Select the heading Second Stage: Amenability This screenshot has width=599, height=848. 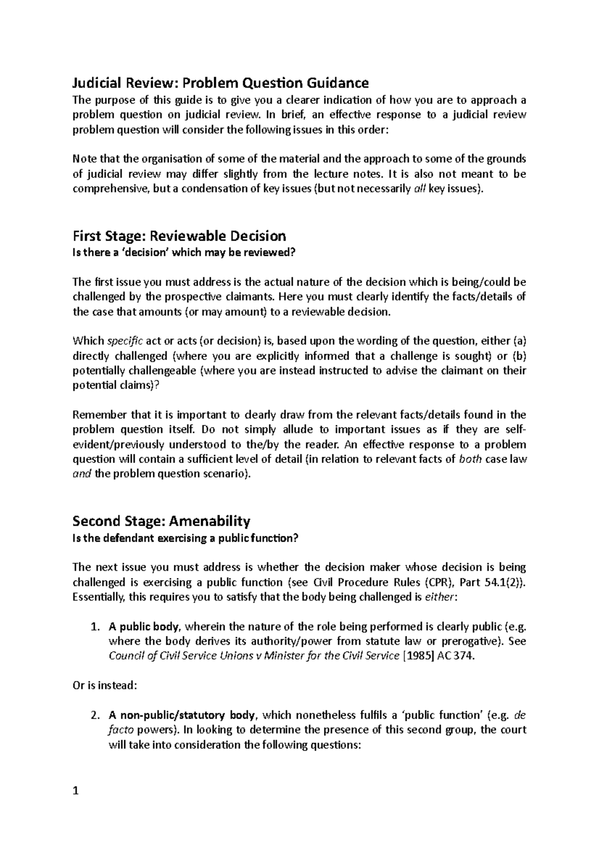point(161,521)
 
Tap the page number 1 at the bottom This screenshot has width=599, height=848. point(76,791)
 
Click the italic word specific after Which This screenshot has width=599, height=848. point(125,342)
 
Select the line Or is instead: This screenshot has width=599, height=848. point(104,686)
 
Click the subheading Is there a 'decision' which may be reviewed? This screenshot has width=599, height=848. point(184,253)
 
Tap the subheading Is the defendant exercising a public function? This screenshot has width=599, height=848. point(185,538)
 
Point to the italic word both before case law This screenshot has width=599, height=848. point(470,459)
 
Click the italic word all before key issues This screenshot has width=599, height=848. point(421,189)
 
